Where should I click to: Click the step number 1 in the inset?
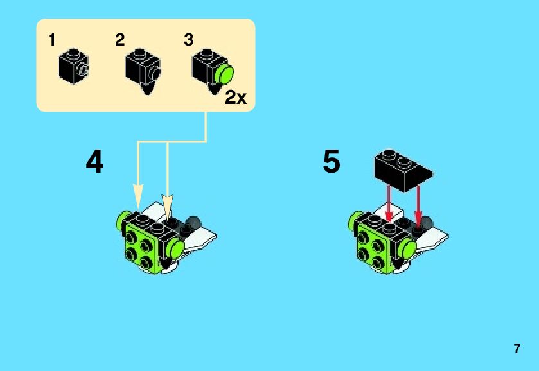[52, 40]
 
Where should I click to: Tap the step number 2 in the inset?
[120, 40]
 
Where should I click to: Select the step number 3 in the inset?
[188, 40]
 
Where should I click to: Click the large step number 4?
[94, 163]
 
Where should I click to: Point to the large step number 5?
[331, 163]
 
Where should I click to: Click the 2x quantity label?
[236, 98]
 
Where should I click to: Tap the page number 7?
[517, 349]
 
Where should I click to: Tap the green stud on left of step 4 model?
[122, 221]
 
